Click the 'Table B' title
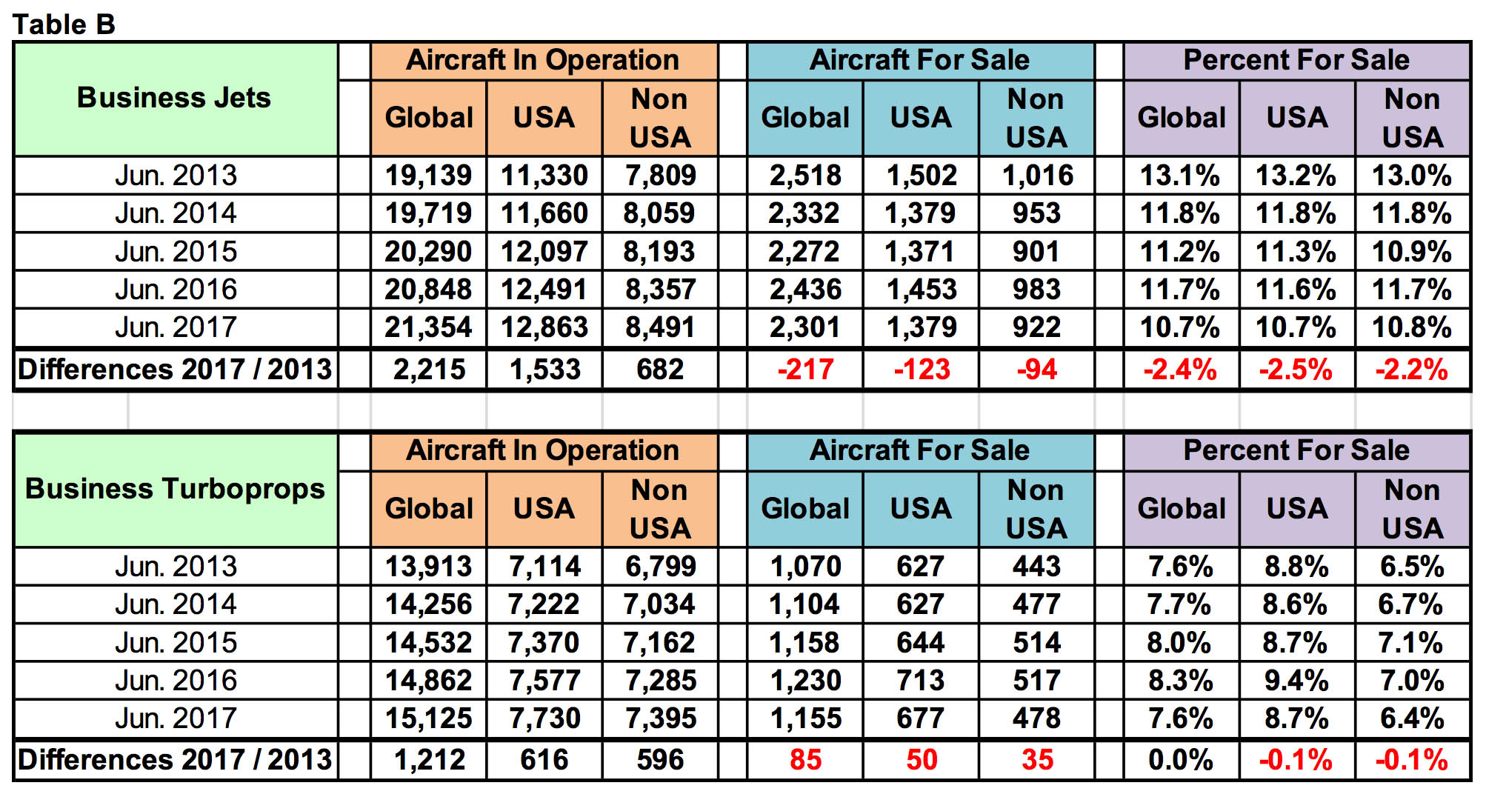pyautogui.click(x=64, y=24)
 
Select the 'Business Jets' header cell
pyautogui.click(x=174, y=98)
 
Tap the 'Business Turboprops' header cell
pyautogui.click(x=175, y=489)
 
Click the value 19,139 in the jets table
pyautogui.click(x=428, y=176)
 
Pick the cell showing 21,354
pyautogui.click(x=428, y=327)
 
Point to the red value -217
pyautogui.click(x=805, y=369)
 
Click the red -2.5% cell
pyautogui.click(x=1296, y=369)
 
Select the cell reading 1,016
pyautogui.click(x=1037, y=176)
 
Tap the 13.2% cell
pyautogui.click(x=1296, y=176)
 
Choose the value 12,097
pyautogui.click(x=544, y=252)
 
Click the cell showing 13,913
pyautogui.click(x=428, y=567)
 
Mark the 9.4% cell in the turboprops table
pyautogui.click(x=1296, y=680)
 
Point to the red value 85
pyautogui.click(x=805, y=760)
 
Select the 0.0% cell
pyautogui.click(x=1180, y=760)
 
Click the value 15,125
pyautogui.click(x=428, y=718)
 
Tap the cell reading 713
pyautogui.click(x=921, y=680)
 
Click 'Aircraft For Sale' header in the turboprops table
pyautogui.click(x=919, y=450)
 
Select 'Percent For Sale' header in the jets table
pyautogui.click(x=1296, y=60)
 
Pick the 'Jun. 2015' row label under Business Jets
pyautogui.click(x=176, y=252)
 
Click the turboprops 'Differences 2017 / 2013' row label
pyautogui.click(x=175, y=760)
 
